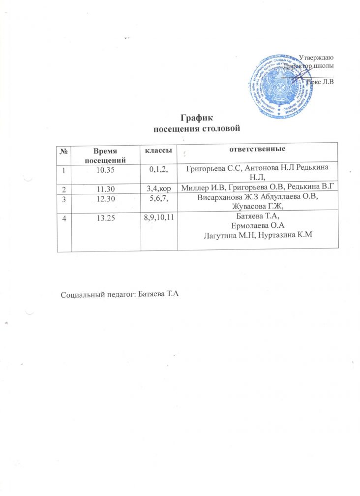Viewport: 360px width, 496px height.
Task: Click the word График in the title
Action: click(x=196, y=119)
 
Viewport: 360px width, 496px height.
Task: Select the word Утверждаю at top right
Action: click(x=317, y=59)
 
